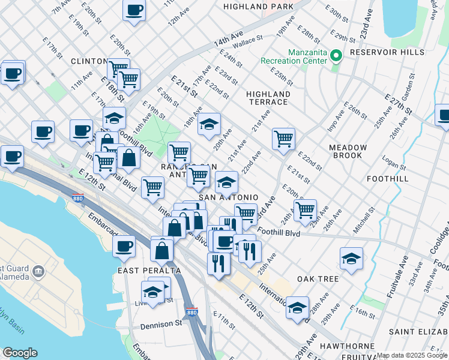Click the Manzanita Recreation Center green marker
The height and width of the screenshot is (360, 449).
coord(336,56)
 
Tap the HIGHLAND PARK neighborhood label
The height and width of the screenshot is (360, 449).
coord(258,6)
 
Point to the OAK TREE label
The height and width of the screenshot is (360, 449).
coord(318,280)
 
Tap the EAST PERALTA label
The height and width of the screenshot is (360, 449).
coord(145,271)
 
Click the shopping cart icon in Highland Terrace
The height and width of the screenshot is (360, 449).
coord(283,138)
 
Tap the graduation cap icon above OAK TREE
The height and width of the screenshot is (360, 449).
coord(351,257)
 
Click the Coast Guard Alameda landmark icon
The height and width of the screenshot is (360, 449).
coord(39,272)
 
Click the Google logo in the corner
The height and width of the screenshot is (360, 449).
coord(20,353)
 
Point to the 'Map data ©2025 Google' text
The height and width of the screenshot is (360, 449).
coord(412,355)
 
